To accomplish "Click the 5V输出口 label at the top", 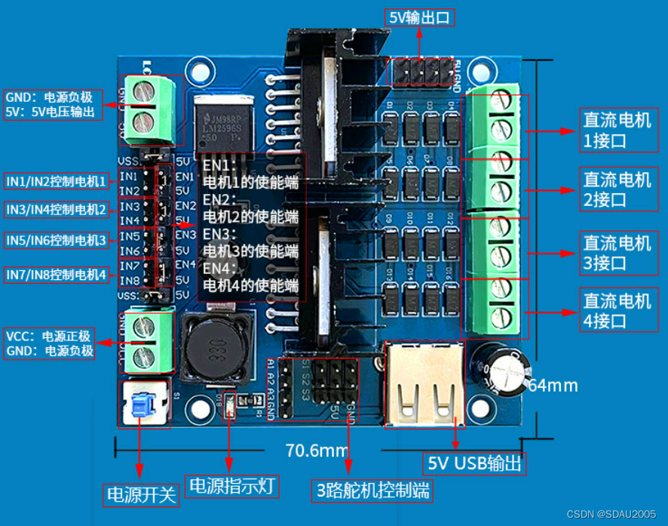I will (421, 17).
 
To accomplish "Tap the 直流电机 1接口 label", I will (617, 130).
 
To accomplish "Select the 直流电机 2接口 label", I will (617, 189).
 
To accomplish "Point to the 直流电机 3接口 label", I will (617, 252).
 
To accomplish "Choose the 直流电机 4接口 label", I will (617, 310).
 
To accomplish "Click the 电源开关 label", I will (141, 494).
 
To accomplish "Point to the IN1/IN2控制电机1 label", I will (57, 181).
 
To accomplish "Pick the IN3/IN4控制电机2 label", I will (57, 209).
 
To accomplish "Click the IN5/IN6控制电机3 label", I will (57, 240).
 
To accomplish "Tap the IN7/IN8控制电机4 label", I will (57, 275).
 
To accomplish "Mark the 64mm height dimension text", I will (552, 386).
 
